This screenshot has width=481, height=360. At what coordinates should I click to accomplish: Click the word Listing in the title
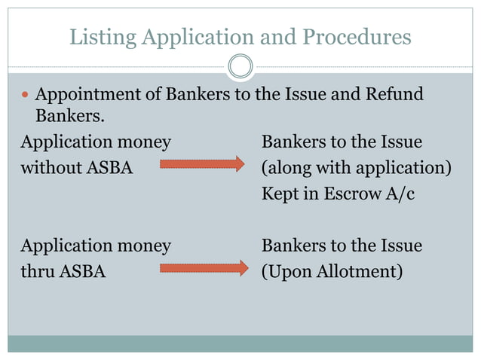[x=95, y=36]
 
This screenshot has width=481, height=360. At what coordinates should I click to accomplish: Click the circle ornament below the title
[x=240, y=66]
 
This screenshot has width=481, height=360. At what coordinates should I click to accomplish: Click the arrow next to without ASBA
[x=202, y=164]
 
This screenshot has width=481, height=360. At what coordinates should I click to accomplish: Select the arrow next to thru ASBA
[x=204, y=268]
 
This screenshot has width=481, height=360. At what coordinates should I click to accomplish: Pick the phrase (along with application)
[x=356, y=167]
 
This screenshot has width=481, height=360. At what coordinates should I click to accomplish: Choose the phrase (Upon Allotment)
[x=331, y=271]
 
